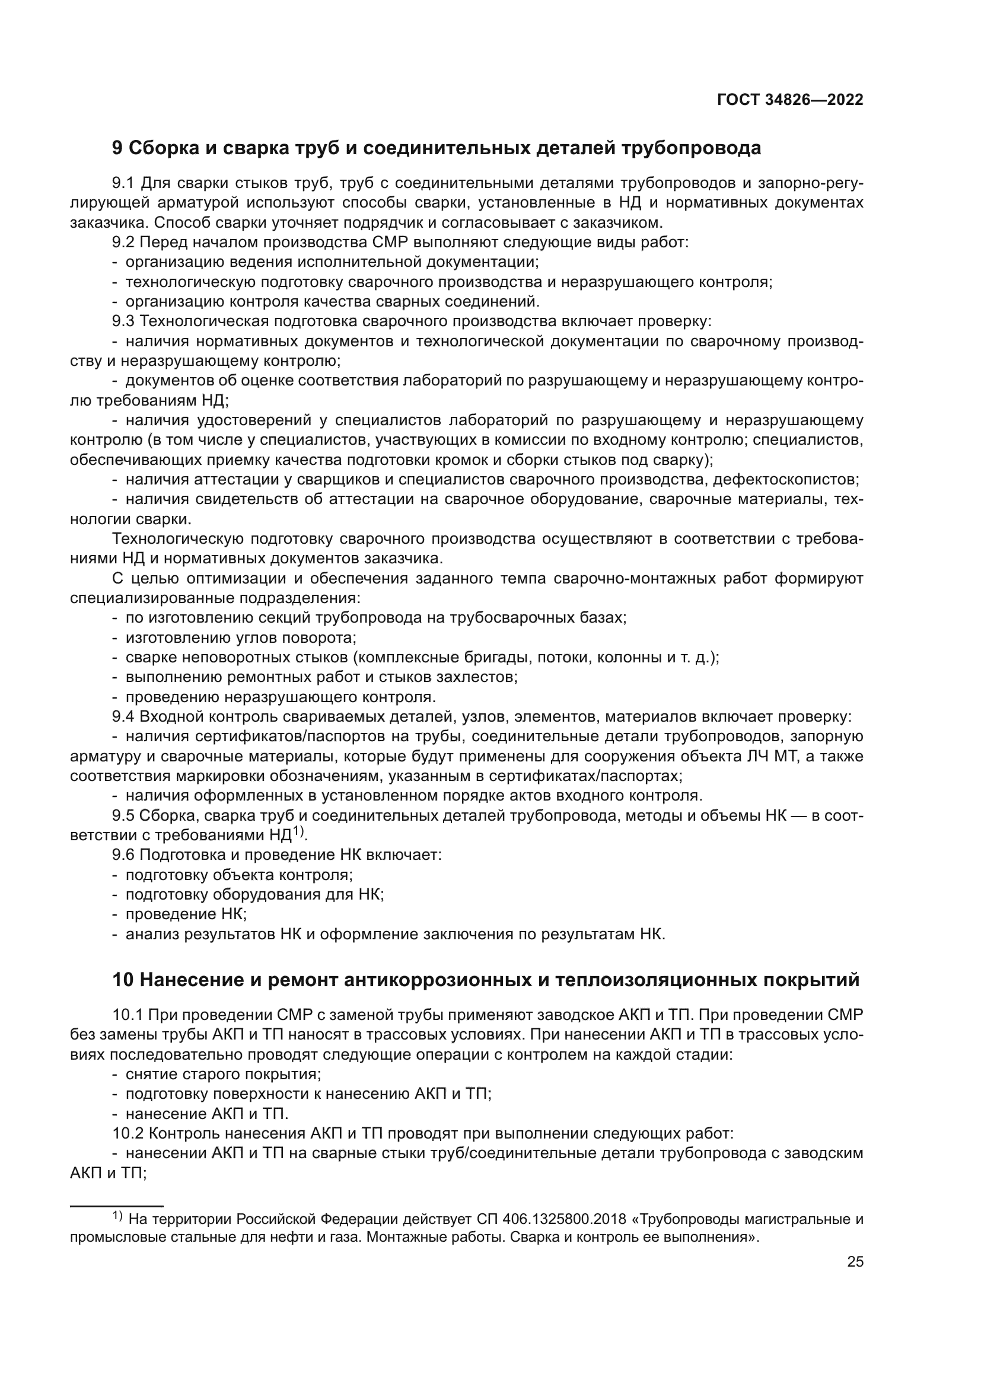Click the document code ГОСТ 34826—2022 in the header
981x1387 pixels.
click(789, 100)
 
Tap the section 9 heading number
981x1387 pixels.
click(117, 148)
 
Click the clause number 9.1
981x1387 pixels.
click(125, 183)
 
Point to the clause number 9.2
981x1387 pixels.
click(125, 243)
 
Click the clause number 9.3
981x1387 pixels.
click(125, 321)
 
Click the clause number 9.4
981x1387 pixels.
click(125, 717)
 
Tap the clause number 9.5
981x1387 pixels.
click(125, 816)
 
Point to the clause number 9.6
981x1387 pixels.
click(125, 856)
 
